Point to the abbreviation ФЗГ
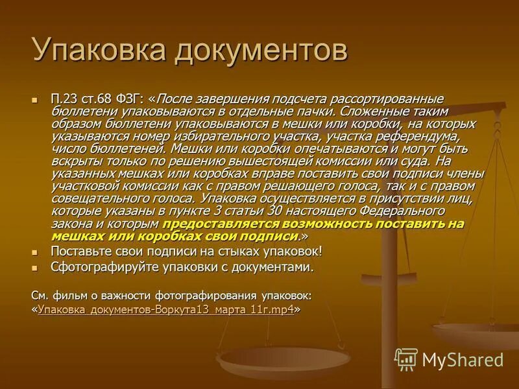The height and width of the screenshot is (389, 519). coord(128,99)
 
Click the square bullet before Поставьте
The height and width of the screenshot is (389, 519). coord(36,252)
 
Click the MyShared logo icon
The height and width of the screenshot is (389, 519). coord(406,359)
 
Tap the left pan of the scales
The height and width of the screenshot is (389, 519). coord(283,356)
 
